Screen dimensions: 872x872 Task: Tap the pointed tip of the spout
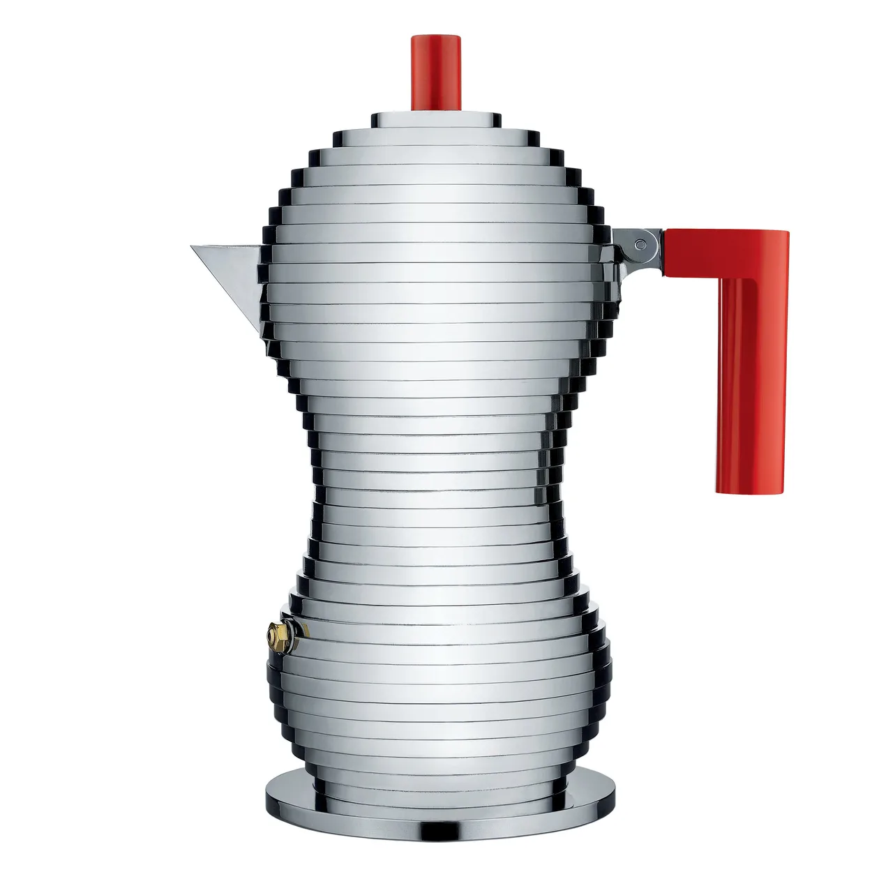tap(192, 246)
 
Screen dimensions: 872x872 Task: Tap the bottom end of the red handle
tap(750, 490)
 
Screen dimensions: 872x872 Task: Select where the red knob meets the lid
tap(436, 110)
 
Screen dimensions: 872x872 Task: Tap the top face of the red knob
tap(436, 37)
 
